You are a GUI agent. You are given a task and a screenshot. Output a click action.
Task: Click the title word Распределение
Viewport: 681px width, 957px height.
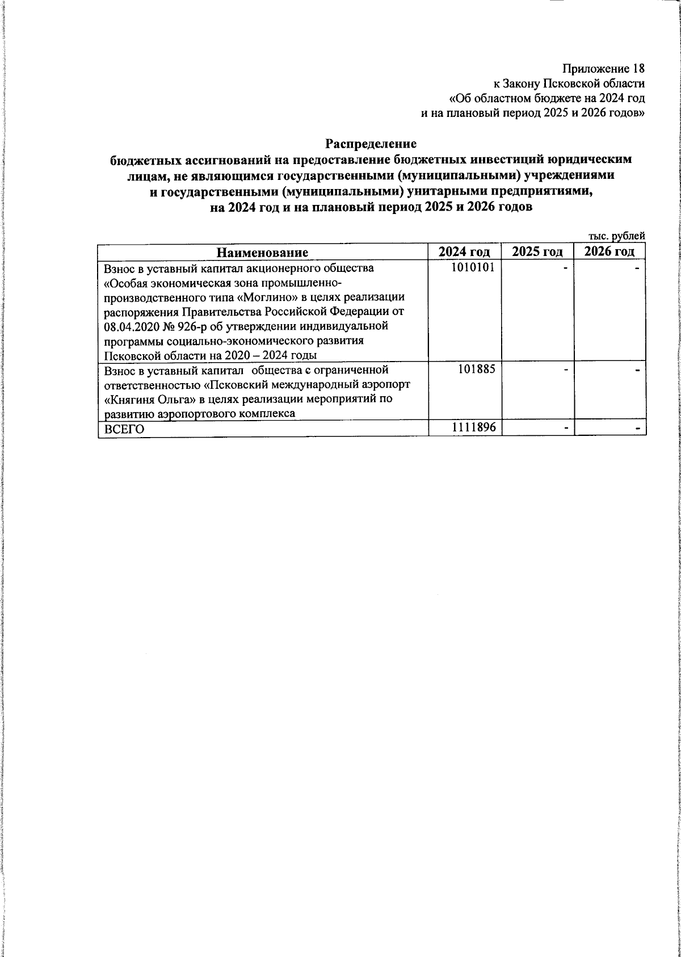click(371, 145)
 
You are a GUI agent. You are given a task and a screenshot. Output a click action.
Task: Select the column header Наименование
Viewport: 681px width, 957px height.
click(263, 253)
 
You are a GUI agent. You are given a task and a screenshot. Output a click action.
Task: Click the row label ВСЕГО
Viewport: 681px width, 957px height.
click(121, 430)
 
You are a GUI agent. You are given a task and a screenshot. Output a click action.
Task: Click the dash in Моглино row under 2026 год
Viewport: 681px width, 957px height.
click(638, 268)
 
